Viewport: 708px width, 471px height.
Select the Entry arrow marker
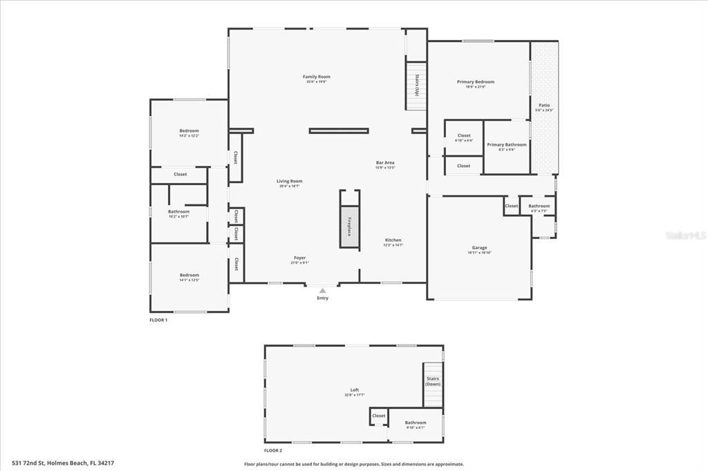click(x=322, y=291)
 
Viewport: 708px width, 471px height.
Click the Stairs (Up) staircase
click(x=416, y=86)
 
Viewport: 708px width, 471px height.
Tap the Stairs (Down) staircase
click(x=433, y=385)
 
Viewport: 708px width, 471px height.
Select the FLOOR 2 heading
click(x=272, y=450)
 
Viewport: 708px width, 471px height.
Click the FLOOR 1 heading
click(x=158, y=320)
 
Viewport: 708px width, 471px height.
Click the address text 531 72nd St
click(x=63, y=463)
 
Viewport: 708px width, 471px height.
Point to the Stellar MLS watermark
click(x=685, y=236)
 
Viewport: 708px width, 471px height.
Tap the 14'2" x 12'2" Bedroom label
click(x=189, y=133)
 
